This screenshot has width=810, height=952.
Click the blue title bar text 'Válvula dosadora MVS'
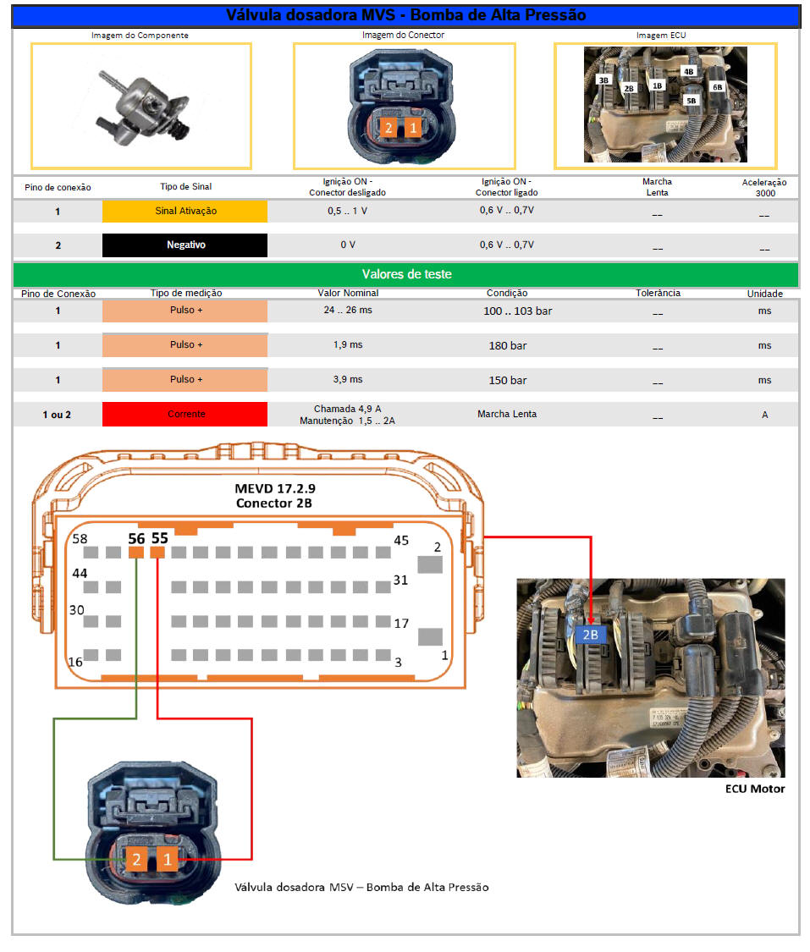tap(311, 15)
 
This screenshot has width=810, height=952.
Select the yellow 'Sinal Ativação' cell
tap(185, 211)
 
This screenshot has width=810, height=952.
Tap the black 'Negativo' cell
tap(185, 245)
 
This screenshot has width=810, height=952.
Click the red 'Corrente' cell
tap(185, 414)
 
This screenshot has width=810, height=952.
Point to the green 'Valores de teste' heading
tap(406, 274)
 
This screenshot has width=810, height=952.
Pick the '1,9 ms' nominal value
tap(348, 345)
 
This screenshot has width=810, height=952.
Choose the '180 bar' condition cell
tap(508, 345)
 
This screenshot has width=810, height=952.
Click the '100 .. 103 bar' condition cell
tap(518, 311)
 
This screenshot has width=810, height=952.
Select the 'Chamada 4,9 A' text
tap(347, 409)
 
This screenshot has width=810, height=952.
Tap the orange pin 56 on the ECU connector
tap(136, 553)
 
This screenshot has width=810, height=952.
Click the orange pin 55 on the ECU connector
tap(157, 553)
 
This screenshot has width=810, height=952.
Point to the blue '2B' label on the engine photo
tap(590, 635)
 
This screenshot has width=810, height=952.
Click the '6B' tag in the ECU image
tap(718, 87)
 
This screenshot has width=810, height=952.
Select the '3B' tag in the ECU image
tap(603, 80)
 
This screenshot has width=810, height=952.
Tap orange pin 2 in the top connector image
tap(388, 128)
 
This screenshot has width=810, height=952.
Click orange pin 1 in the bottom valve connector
tap(168, 860)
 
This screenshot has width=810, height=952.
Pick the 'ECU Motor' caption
tap(755, 789)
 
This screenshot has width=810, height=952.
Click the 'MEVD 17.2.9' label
tap(275, 488)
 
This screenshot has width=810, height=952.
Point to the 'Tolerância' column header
tap(658, 293)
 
